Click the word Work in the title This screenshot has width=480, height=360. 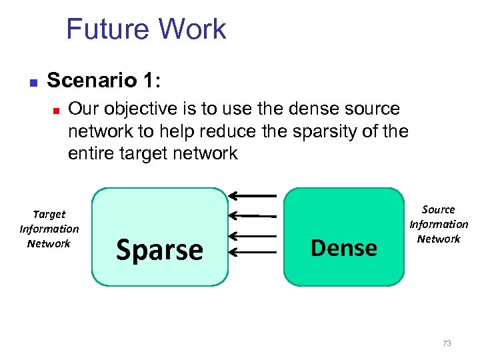tap(192, 30)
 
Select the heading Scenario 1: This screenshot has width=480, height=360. tap(104, 81)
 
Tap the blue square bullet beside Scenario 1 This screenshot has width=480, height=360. tap(33, 83)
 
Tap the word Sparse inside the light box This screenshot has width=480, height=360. tap(159, 250)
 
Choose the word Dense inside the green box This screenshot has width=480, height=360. tap(344, 248)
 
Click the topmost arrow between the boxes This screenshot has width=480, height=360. tap(253, 195)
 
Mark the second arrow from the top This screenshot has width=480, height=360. tap(253, 215)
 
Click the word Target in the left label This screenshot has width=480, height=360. tap(49, 214)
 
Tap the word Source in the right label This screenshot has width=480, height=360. tap(439, 209)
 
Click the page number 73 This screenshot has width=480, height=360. tap(447, 343)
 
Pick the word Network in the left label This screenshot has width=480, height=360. tap(49, 243)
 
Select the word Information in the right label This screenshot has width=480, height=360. tap(439, 224)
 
